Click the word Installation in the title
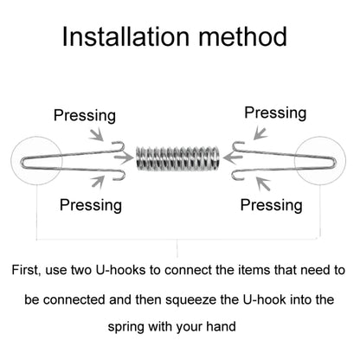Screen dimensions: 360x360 point(125,36)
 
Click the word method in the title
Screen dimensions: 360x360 point(243,36)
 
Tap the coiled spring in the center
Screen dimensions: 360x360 point(177,158)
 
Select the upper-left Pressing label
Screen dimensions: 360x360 point(85,116)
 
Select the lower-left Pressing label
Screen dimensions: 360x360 point(91,205)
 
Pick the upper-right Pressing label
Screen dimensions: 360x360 point(275,113)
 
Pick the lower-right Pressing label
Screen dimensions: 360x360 point(272,205)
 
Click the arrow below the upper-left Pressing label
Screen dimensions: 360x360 point(97,135)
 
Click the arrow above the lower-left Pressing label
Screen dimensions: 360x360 point(98,182)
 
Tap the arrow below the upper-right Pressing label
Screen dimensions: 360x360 point(260,134)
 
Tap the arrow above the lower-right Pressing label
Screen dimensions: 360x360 point(263,183)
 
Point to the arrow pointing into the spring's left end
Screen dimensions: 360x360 point(124,158)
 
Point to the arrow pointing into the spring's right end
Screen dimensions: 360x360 point(233,158)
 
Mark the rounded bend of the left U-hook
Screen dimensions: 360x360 point(22,163)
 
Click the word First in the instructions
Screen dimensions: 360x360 point(25,271)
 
